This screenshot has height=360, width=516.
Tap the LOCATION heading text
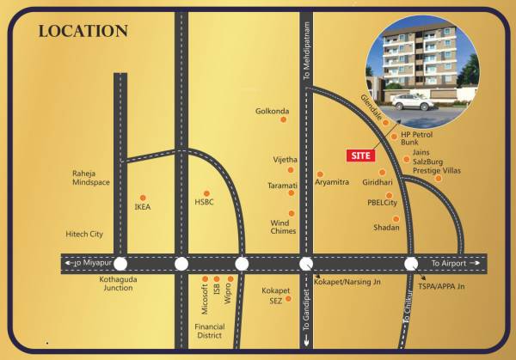(x=83, y=31)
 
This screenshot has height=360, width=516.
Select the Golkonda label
(x=272, y=111)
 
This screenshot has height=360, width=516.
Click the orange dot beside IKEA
(x=142, y=196)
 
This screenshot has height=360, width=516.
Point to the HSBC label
(x=203, y=204)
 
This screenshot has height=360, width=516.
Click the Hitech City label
(x=84, y=234)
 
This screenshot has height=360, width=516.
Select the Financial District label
(x=210, y=332)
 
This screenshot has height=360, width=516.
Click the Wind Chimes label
(x=283, y=226)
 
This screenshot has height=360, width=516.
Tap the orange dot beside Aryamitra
(x=320, y=173)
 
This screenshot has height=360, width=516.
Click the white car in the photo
(x=413, y=101)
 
